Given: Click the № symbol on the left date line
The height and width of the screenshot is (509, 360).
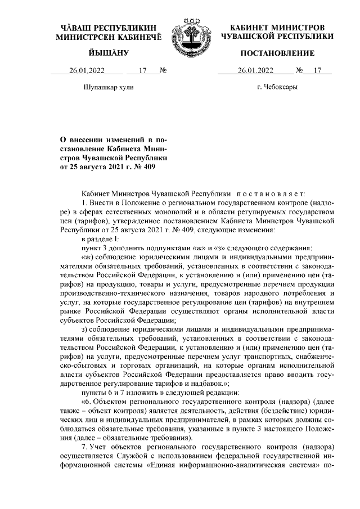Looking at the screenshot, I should [x=164, y=71].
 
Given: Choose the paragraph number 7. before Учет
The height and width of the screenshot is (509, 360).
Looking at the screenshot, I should [x=85, y=447].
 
